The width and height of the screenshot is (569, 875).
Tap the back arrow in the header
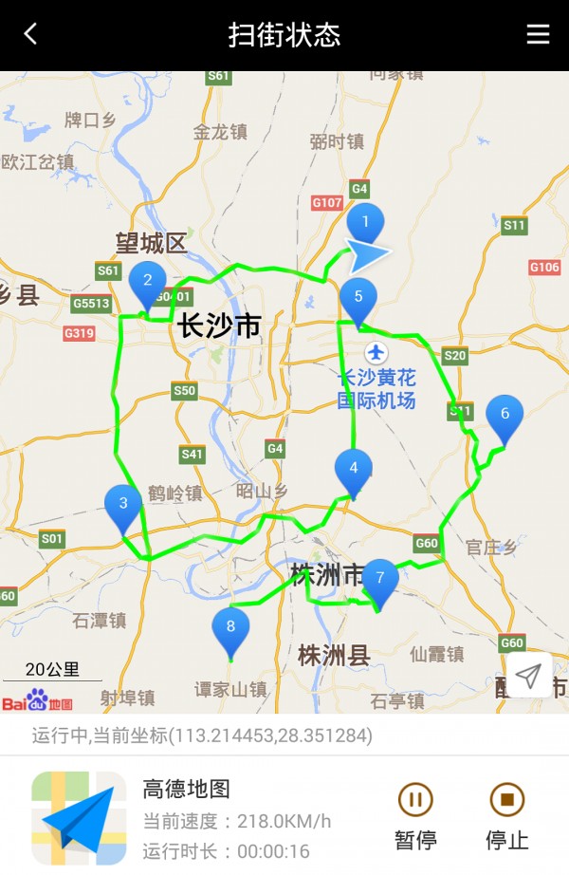[x=30, y=34]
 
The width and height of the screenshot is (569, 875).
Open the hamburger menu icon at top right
[x=538, y=34]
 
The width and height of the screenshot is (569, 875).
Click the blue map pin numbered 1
[x=365, y=224]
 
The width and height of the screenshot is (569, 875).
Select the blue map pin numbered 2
[x=147, y=281]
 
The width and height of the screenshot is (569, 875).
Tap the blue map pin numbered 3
[x=123, y=505]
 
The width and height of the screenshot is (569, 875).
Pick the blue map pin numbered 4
[x=354, y=469]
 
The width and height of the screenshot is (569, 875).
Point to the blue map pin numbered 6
[x=505, y=415]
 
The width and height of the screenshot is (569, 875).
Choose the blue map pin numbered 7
[x=380, y=578]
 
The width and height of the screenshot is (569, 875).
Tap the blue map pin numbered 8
[x=230, y=627]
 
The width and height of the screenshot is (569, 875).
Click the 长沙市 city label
[x=219, y=326]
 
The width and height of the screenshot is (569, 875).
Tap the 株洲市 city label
[x=327, y=575]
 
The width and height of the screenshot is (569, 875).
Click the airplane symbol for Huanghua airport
[x=376, y=353]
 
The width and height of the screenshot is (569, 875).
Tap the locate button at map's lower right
[x=528, y=675]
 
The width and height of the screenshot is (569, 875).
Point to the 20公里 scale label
[x=52, y=669]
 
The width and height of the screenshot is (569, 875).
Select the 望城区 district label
[x=152, y=244]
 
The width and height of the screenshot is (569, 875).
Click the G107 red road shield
[x=327, y=202]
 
